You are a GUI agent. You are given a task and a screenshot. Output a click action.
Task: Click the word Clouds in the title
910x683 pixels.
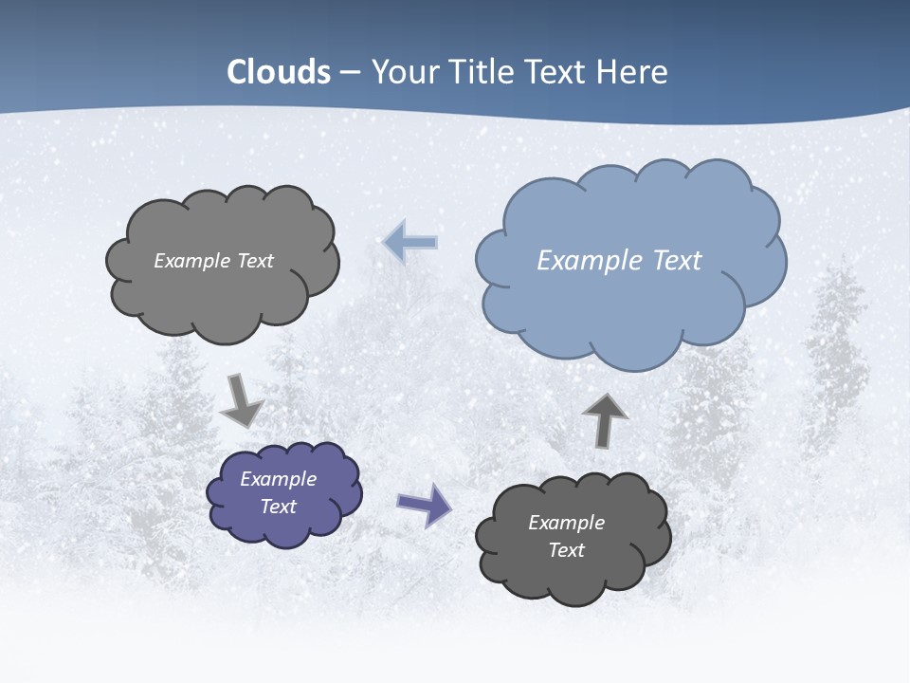tap(279, 72)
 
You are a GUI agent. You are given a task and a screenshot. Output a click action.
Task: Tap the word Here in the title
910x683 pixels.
tap(635, 72)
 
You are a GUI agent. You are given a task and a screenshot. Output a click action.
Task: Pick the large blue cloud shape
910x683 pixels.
tap(629, 261)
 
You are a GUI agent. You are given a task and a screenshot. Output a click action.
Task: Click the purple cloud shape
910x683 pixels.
tap(284, 493)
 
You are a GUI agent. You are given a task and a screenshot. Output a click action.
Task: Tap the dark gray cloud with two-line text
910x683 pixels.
tap(572, 537)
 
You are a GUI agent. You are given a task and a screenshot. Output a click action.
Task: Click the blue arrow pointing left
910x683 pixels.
tap(410, 242)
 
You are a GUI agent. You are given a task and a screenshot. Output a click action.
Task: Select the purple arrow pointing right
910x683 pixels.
tap(424, 504)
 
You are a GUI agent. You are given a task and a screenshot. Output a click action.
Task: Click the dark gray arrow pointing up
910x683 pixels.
tap(605, 420)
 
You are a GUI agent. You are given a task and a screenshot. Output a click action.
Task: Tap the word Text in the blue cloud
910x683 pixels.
tap(678, 261)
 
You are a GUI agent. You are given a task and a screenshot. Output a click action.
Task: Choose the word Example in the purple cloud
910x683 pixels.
tap(279, 479)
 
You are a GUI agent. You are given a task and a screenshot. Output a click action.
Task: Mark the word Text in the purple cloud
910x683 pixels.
tap(279, 507)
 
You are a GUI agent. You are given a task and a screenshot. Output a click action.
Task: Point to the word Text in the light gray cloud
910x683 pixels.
tap(257, 261)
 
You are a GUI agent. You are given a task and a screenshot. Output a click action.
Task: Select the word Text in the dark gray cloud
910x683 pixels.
tap(567, 550)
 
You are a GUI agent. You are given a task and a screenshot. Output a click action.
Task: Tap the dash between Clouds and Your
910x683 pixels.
tap(350, 73)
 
